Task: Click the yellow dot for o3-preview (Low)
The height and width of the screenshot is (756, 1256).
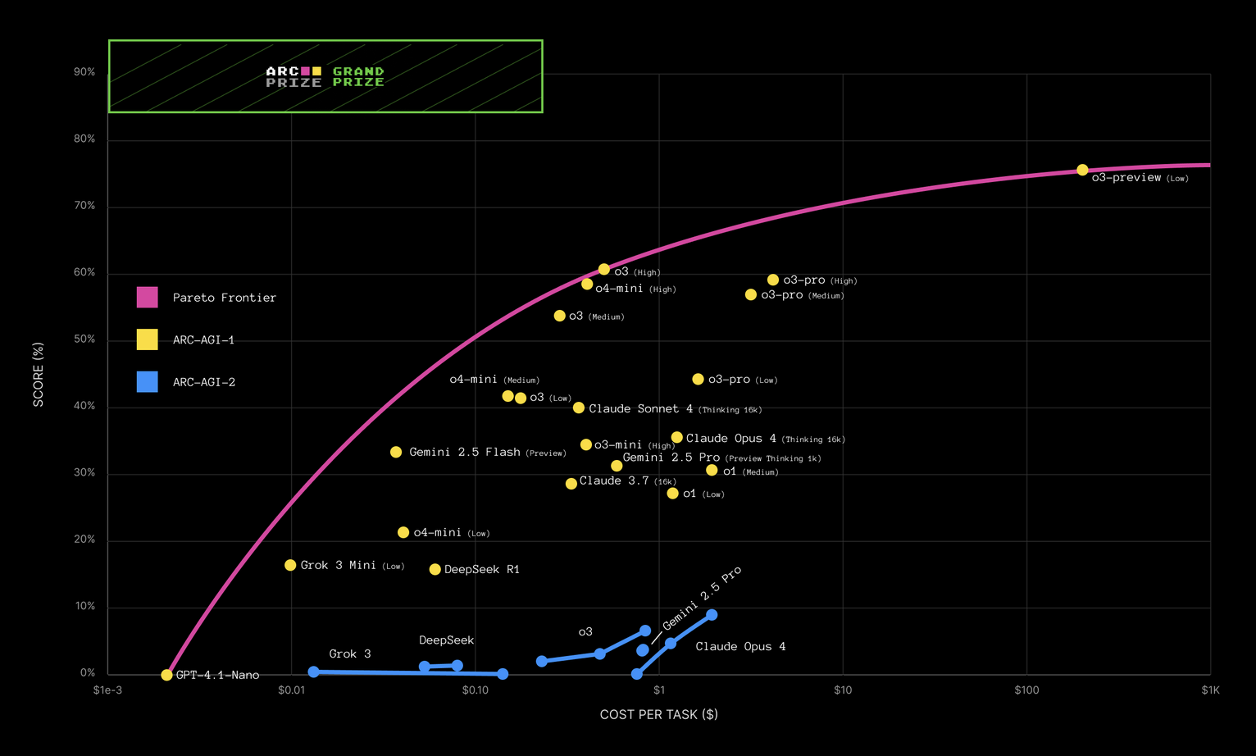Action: click(x=1082, y=170)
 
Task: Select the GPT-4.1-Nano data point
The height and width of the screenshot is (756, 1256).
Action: click(x=166, y=675)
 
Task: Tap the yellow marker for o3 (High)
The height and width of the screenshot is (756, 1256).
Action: click(x=604, y=269)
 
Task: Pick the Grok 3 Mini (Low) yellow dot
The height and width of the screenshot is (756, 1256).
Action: click(x=290, y=565)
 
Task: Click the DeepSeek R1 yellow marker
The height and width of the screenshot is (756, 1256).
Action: click(x=435, y=569)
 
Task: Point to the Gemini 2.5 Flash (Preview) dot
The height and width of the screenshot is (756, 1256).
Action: click(x=396, y=452)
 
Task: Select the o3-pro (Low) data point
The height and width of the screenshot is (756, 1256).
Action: click(x=698, y=379)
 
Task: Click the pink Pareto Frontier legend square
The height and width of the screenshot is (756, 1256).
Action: click(x=147, y=297)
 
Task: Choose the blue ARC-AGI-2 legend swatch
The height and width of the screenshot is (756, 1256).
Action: click(x=147, y=381)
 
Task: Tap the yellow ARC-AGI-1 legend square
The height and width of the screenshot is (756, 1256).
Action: click(x=147, y=339)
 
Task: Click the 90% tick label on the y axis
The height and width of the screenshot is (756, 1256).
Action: click(x=84, y=72)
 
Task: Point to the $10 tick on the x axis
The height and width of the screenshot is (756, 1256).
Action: click(x=843, y=690)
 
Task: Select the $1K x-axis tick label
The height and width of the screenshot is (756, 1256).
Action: click(x=1210, y=690)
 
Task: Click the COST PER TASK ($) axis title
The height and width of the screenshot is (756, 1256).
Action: click(x=658, y=714)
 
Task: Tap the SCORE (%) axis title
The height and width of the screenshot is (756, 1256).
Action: click(x=39, y=374)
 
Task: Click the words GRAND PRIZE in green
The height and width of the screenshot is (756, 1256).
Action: click(x=358, y=77)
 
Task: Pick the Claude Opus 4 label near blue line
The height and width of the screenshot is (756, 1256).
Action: click(x=740, y=646)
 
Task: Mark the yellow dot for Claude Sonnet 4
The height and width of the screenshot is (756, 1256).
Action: click(x=579, y=408)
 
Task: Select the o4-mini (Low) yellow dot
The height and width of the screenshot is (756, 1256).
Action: click(x=403, y=532)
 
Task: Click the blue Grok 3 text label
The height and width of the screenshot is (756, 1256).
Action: click(x=350, y=654)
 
